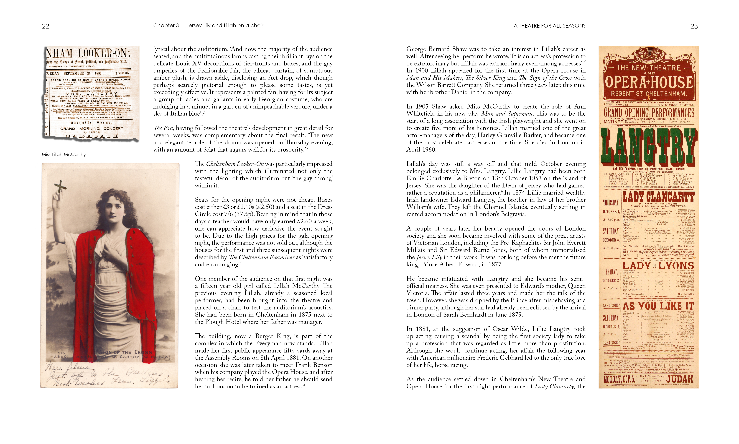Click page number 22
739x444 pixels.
45,26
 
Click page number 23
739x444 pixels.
694,26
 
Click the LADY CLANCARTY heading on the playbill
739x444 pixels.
658,197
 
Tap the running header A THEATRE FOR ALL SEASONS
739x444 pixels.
549,26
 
